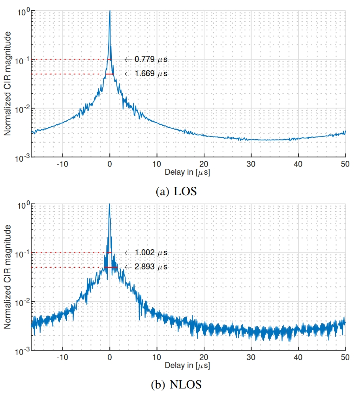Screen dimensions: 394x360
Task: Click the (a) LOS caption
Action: (176, 192)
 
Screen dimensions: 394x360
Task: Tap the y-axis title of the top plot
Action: (7, 84)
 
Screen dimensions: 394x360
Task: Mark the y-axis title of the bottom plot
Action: (7, 278)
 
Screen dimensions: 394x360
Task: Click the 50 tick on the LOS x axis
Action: (345, 164)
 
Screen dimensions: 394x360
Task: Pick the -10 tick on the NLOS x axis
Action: (62, 357)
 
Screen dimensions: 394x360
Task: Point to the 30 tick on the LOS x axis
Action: (251, 164)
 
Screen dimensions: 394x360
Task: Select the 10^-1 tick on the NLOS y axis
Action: (22, 253)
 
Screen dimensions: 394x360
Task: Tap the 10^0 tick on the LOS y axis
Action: (22, 11)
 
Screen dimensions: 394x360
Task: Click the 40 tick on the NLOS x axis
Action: (298, 357)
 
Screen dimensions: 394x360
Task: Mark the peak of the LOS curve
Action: (109, 12)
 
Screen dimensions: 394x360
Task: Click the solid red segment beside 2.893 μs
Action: (111, 267)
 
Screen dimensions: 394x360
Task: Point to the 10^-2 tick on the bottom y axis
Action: (22, 302)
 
